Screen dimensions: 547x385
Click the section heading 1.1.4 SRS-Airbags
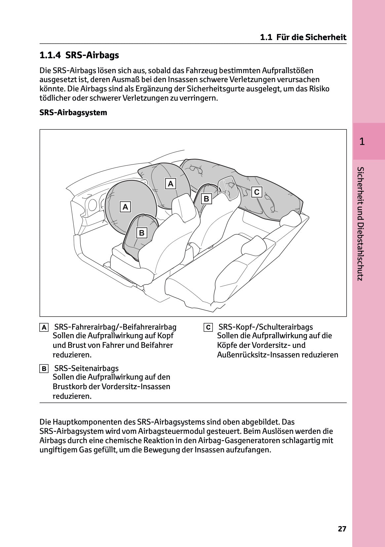coord(79,55)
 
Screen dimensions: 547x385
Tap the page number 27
coord(342,529)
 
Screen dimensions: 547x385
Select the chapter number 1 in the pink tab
coord(362,142)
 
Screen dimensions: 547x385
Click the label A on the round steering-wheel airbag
coord(125,207)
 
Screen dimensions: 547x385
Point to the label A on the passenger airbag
coord(171,184)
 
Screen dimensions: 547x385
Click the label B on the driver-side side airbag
coord(142,233)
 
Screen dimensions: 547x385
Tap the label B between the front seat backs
coord(207,199)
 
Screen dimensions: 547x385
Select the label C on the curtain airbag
coord(256,192)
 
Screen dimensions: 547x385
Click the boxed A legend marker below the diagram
coord(44,328)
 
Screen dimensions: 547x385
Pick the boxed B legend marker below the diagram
coord(44,369)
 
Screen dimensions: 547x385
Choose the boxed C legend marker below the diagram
coord(208,328)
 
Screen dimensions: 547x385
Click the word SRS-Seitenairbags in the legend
coord(86,368)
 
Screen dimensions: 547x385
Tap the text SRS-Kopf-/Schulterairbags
coord(266,327)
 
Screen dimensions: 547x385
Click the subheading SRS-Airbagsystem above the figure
coord(73,113)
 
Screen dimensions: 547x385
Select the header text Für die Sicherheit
coord(311,37)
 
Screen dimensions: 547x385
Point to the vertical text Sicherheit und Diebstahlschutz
coord(361,224)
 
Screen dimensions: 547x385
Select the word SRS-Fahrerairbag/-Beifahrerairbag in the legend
coord(115,327)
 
